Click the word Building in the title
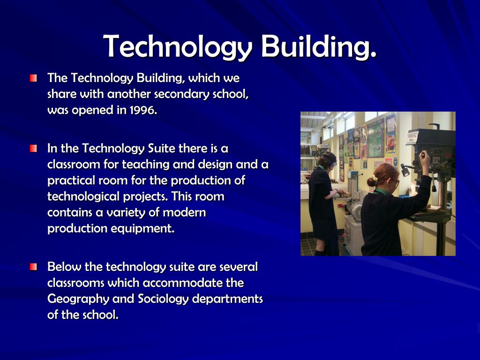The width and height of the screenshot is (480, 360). coord(318,47)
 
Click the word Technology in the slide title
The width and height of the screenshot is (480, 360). coord(178,47)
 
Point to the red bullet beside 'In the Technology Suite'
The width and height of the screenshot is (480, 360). coord(33,149)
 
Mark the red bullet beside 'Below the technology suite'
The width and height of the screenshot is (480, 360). coord(33,268)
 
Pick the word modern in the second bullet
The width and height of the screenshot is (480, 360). coord(184,213)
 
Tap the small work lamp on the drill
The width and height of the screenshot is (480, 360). coord(405,171)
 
